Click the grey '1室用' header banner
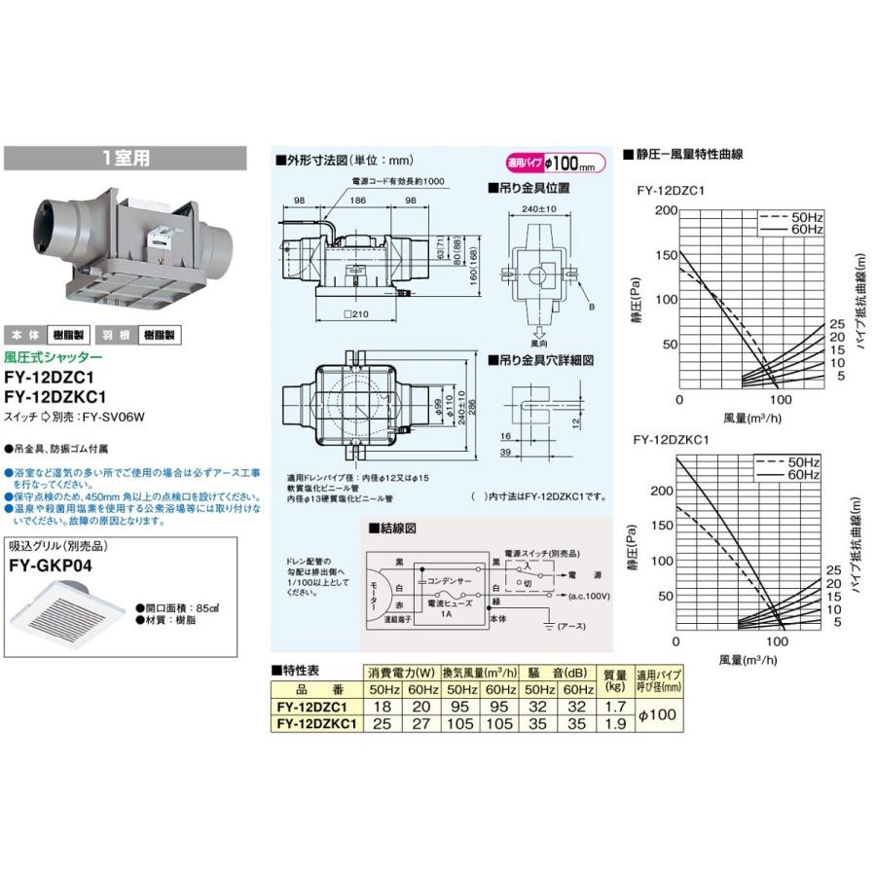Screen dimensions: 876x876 (x=126, y=158)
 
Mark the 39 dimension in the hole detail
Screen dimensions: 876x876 (x=506, y=454)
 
